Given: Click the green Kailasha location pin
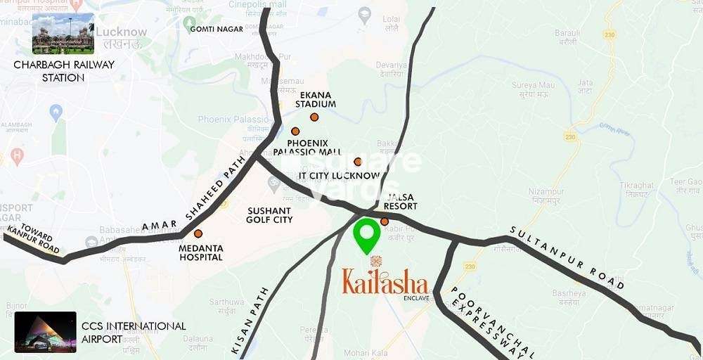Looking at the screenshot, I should (x=366, y=236).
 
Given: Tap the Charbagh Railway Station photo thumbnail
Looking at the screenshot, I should (x=63, y=33).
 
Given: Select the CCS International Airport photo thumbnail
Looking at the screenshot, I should (x=45, y=331).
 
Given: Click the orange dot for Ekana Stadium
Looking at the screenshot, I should (x=314, y=117).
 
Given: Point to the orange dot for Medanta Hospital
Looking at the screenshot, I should (x=198, y=233).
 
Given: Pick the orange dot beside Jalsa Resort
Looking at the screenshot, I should (x=385, y=221).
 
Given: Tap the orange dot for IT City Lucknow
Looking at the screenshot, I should (x=358, y=162).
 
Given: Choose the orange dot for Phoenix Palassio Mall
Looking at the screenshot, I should (x=295, y=131).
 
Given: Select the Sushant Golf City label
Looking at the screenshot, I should (x=269, y=215).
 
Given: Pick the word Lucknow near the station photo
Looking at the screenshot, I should (x=121, y=32).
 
